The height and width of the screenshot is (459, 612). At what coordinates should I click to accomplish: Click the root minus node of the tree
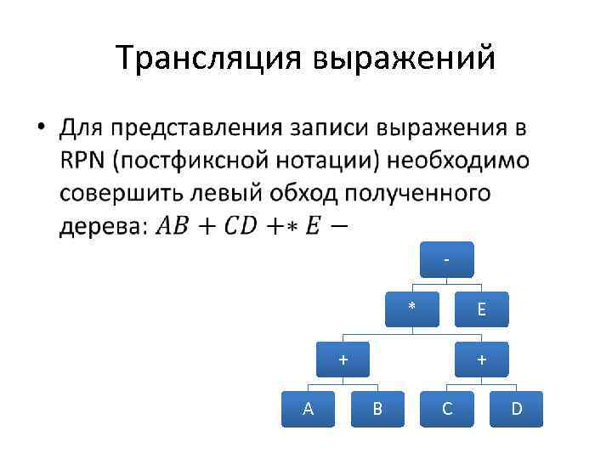tap(447, 260)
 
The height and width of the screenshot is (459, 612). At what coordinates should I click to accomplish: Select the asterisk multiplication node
tap(411, 309)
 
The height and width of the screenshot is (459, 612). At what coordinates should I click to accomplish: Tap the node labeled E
tap(481, 309)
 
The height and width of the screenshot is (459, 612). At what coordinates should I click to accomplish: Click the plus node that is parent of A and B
tap(343, 360)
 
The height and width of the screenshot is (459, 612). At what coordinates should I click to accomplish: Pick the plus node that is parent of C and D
tap(481, 360)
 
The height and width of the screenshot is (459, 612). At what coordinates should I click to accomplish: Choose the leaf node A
tap(308, 410)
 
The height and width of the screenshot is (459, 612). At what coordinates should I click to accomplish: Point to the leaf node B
tap(377, 410)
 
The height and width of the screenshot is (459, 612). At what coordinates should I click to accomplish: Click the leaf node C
tap(447, 410)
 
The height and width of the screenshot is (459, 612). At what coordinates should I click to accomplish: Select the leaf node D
tap(516, 410)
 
